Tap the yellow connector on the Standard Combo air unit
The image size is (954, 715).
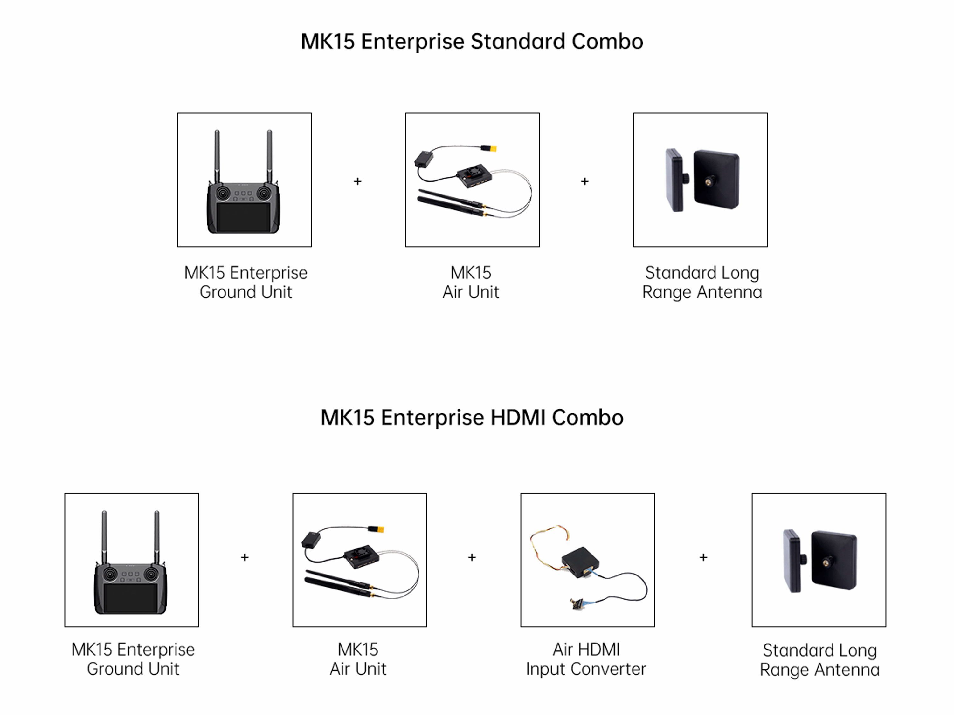(x=490, y=149)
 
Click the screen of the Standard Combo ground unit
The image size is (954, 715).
(x=244, y=217)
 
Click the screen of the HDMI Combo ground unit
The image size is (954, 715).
(x=131, y=598)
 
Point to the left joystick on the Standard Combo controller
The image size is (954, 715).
(x=223, y=194)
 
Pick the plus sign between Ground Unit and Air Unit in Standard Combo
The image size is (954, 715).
(x=357, y=181)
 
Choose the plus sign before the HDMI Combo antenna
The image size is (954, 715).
(x=703, y=557)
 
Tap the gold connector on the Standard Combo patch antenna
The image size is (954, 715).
(x=708, y=182)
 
